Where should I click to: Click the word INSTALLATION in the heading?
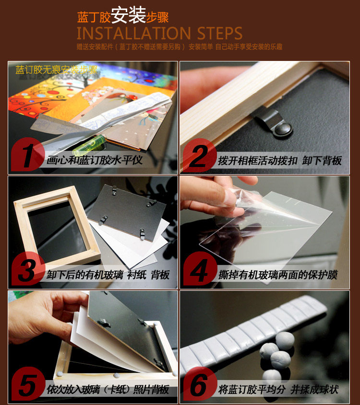(134, 33)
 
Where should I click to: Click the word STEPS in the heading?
(220, 33)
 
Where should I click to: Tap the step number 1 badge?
(28, 155)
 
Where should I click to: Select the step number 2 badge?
(200, 155)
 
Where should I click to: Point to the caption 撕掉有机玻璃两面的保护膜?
(278, 275)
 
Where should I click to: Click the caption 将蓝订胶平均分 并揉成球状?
(278, 390)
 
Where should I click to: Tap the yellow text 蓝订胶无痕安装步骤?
(56, 70)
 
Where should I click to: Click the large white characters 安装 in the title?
(129, 15)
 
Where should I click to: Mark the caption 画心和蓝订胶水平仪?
(95, 160)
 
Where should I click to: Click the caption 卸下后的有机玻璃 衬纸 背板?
(108, 275)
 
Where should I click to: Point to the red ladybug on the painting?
(134, 97)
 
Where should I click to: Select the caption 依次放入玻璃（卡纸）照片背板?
(108, 390)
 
